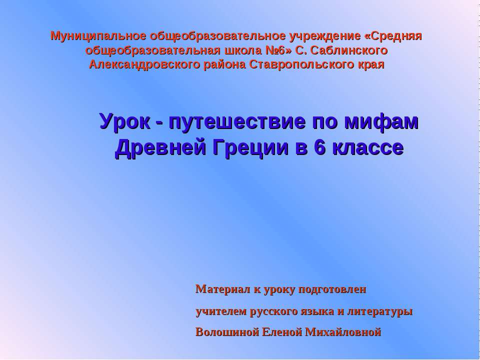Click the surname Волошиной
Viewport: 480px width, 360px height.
click(x=225, y=331)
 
